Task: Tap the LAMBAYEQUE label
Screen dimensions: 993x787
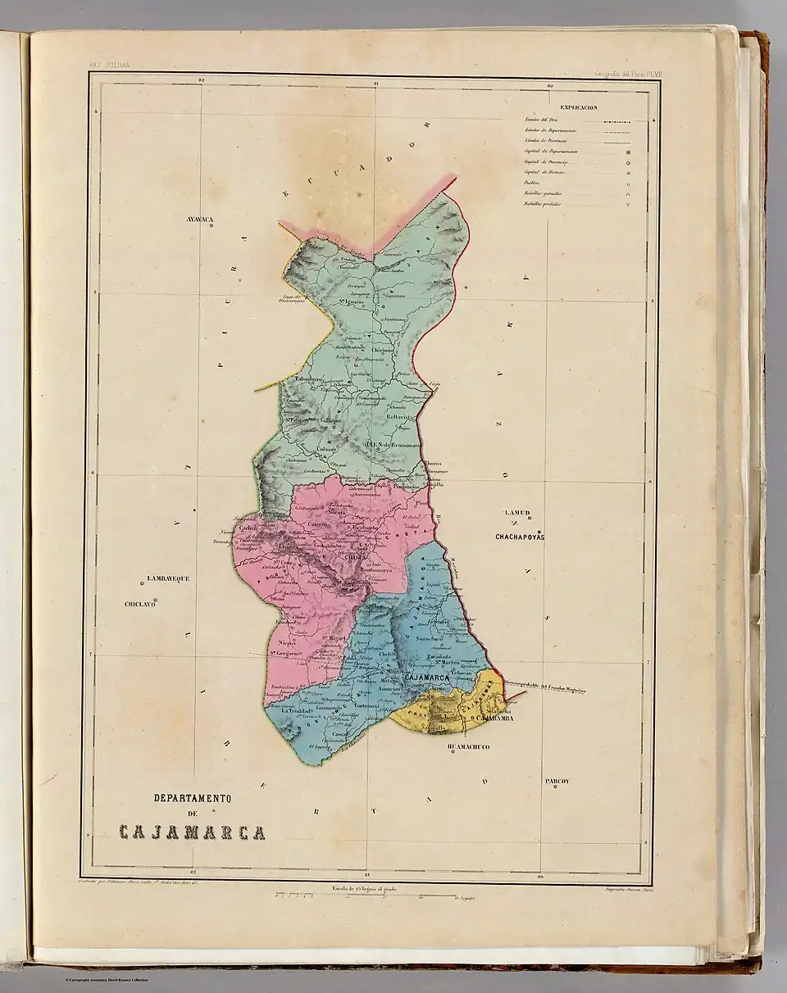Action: [x=168, y=578]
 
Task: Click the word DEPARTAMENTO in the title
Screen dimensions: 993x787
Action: [x=193, y=798]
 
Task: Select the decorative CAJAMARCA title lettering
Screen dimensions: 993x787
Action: [x=192, y=833]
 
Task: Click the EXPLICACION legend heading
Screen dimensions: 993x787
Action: [x=578, y=107]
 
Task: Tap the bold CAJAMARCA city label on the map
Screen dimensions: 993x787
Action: [x=424, y=678]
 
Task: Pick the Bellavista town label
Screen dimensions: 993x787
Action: [x=403, y=415]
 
